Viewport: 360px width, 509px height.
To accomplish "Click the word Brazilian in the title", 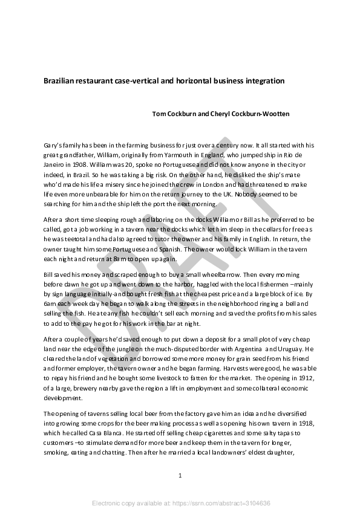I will pos(59,80).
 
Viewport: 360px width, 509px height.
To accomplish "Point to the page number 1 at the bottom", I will pos(180,476).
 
